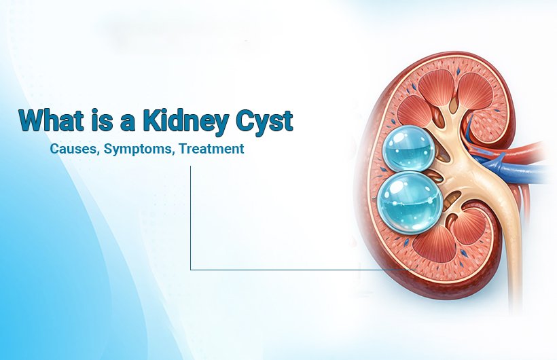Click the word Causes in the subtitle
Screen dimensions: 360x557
point(72,148)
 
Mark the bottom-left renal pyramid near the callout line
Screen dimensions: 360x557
point(431,249)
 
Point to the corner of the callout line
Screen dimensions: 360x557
point(190,270)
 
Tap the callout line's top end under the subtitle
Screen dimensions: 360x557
point(190,167)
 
